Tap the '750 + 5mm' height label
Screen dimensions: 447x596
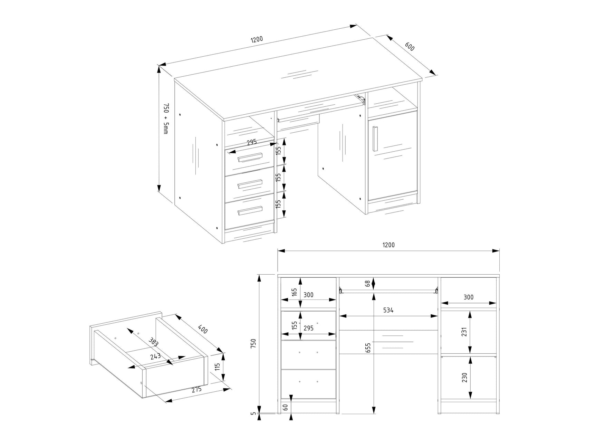pos(165,118)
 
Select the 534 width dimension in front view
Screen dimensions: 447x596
pos(388,310)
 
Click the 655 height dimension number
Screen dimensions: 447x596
pos(368,348)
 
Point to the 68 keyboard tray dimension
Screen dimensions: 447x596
pos(368,284)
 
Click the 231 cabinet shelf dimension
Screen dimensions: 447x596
pos(464,332)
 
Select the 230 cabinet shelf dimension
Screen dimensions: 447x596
pos(464,377)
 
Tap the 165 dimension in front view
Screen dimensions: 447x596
pos(294,292)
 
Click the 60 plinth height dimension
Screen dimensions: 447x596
pos(285,407)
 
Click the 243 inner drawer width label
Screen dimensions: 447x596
pos(156,356)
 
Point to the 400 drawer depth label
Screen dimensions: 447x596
pos(202,329)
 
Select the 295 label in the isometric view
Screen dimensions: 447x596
pos(252,142)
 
